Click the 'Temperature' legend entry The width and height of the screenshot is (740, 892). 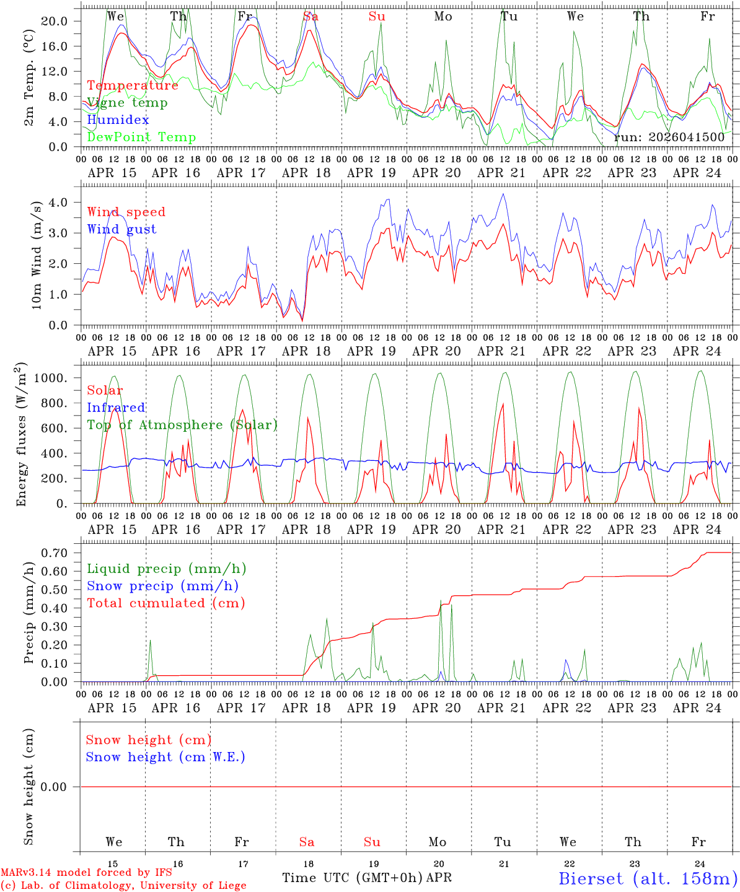tap(133, 85)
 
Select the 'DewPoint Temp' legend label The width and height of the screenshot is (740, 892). tap(141, 138)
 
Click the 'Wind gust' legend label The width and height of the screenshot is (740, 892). tap(121, 229)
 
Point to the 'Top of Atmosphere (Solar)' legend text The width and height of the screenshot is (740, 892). tap(182, 425)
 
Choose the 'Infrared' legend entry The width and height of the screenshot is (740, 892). tap(116, 408)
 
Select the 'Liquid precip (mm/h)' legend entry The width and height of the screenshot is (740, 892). tap(166, 569)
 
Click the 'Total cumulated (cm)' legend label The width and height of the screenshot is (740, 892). tap(165, 603)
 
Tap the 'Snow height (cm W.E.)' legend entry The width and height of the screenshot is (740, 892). tap(165, 757)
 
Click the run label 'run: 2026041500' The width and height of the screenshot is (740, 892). tap(669, 138)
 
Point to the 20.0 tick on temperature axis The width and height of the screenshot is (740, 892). tap(54, 21)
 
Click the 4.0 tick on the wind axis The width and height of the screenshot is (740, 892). tap(59, 203)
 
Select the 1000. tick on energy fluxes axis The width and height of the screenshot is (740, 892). tap(52, 378)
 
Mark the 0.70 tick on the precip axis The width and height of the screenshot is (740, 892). tap(55, 553)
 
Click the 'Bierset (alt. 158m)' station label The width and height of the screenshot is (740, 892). tap(648, 878)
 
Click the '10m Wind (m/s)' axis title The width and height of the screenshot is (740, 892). tap(37, 255)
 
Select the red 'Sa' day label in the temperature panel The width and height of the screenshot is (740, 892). tap(311, 17)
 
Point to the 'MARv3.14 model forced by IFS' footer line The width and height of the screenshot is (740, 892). tap(86, 873)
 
